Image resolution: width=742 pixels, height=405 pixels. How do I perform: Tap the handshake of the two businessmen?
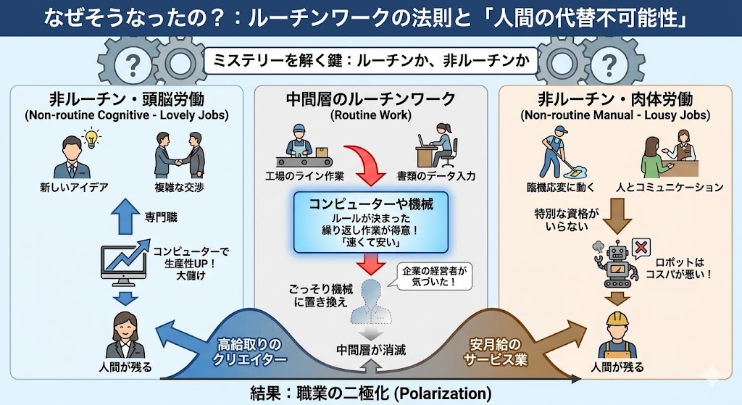coord(180,163)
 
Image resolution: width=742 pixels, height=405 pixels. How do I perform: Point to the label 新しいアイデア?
coord(74,188)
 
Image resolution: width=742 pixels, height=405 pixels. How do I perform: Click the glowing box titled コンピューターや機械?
coord(370,222)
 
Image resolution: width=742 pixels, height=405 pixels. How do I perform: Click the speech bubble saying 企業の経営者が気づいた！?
coord(435,276)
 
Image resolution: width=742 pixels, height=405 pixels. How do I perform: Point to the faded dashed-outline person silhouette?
coord(371,301)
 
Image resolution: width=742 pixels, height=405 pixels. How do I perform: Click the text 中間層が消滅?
coord(370,350)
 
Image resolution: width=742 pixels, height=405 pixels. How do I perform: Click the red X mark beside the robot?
coord(641,247)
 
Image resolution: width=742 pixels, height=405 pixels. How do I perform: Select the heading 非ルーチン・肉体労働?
coord(615,99)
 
